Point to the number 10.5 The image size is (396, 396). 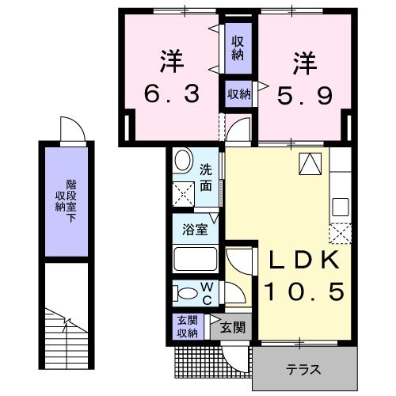point(303,292)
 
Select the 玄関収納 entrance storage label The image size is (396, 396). point(186,327)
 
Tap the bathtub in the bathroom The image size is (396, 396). point(195,261)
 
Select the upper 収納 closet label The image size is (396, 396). point(237,49)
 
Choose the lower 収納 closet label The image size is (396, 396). point(239,93)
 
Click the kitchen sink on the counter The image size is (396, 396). point(340,207)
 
